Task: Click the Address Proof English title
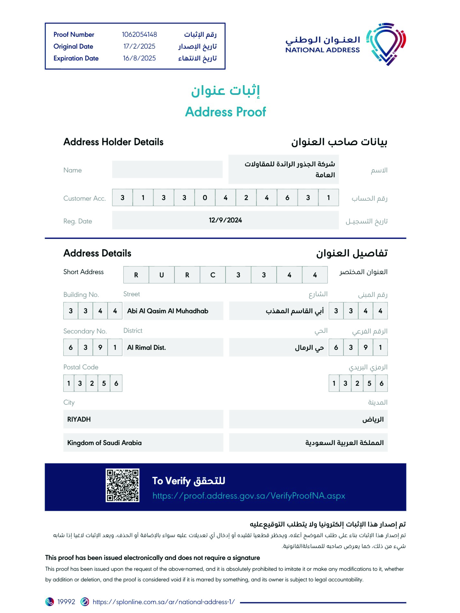pyautogui.click(x=225, y=112)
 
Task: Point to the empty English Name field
pyautogui.click(x=167, y=169)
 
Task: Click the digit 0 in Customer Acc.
pyautogui.click(x=205, y=198)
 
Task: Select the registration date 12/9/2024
pyautogui.click(x=225, y=220)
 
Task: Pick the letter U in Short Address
pyautogui.click(x=161, y=275)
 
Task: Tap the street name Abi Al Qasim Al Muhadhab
pyautogui.click(x=167, y=311)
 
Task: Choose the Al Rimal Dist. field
pyautogui.click(x=146, y=347)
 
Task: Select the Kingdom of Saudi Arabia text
pyautogui.click(x=104, y=443)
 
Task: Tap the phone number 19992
pyautogui.click(x=66, y=602)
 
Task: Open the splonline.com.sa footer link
pyautogui.click(x=163, y=602)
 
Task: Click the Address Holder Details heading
pyautogui.click(x=113, y=142)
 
